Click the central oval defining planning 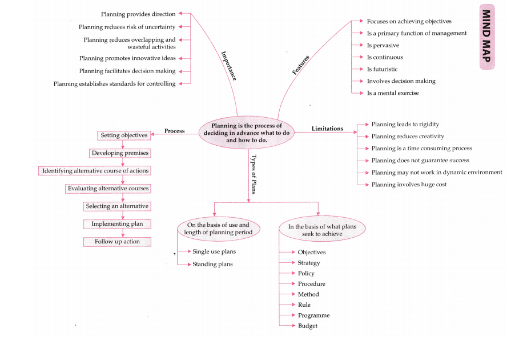pos(247,133)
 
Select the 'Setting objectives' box pos(124,135)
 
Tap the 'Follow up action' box pos(117,242)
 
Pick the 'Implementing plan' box pos(117,224)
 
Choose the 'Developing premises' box pos(120,153)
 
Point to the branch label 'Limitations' pos(327,129)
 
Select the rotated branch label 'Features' pos(300,65)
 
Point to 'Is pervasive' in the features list pos(383,45)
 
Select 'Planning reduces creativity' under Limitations pos(407,136)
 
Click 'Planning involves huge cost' pos(409,185)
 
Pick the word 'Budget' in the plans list pos(307,326)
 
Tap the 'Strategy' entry pos(309,263)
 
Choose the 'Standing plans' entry pos(212,264)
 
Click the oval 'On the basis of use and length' pos(218,229)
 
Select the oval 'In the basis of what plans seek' pos(322,230)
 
